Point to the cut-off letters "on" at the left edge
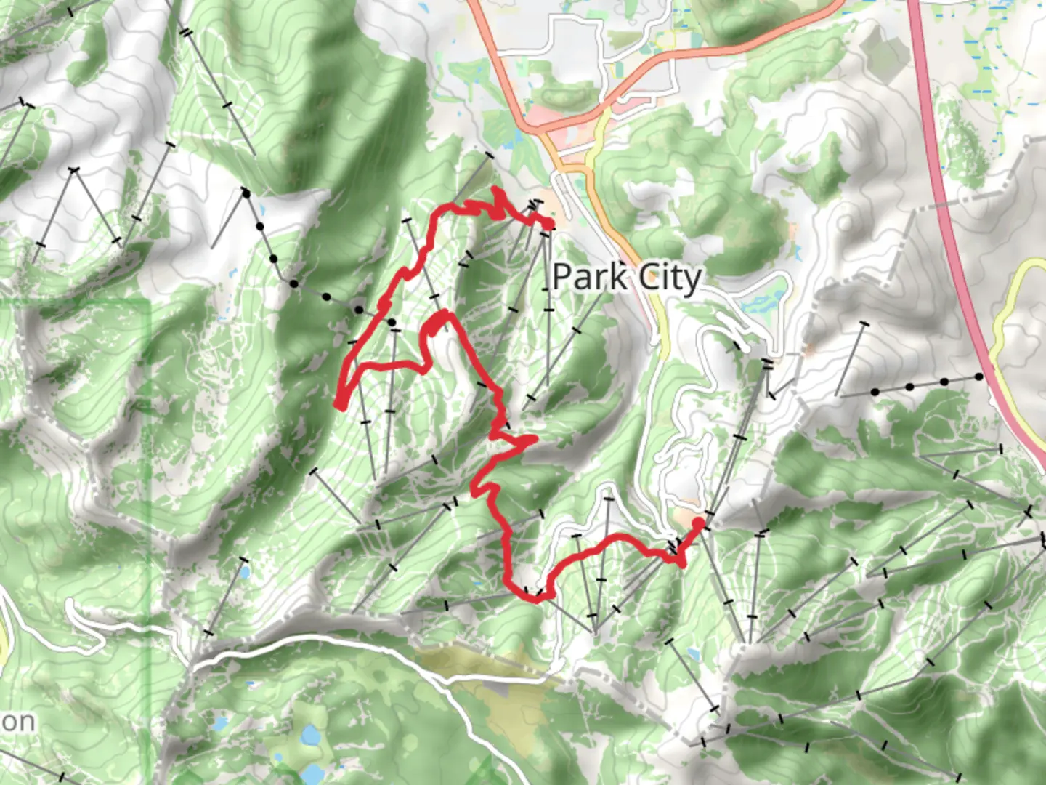(x=16, y=722)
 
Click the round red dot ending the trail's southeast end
(x=699, y=522)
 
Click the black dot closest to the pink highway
(x=978, y=377)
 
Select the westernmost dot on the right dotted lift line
(x=875, y=392)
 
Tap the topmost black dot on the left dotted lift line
(x=246, y=193)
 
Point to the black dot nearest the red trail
(x=392, y=321)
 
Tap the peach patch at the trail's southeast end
(x=686, y=518)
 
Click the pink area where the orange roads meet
(x=552, y=120)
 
